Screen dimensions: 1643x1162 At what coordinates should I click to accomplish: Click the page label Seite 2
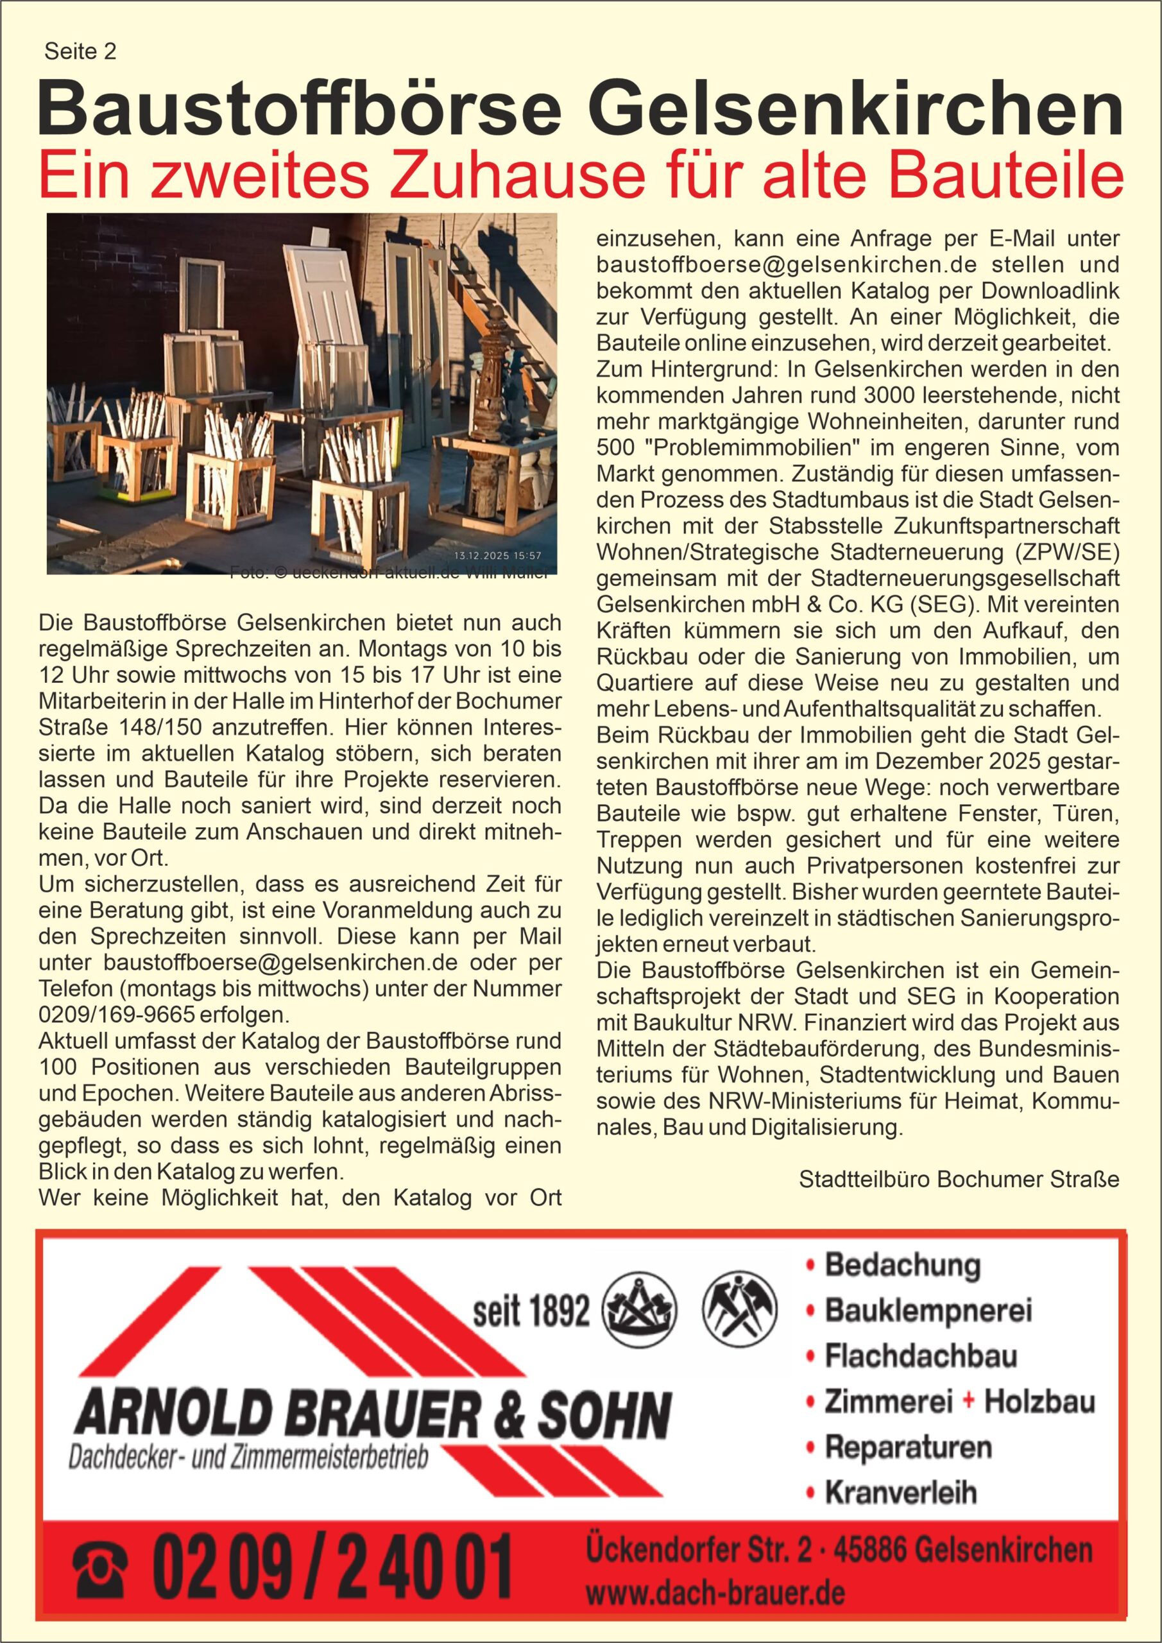click(x=80, y=51)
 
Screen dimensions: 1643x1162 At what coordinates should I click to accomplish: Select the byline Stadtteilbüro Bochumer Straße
click(x=959, y=1179)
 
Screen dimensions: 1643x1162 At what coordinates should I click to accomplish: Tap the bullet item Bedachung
click(x=902, y=1265)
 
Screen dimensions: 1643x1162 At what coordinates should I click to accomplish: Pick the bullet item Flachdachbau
click(x=920, y=1356)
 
